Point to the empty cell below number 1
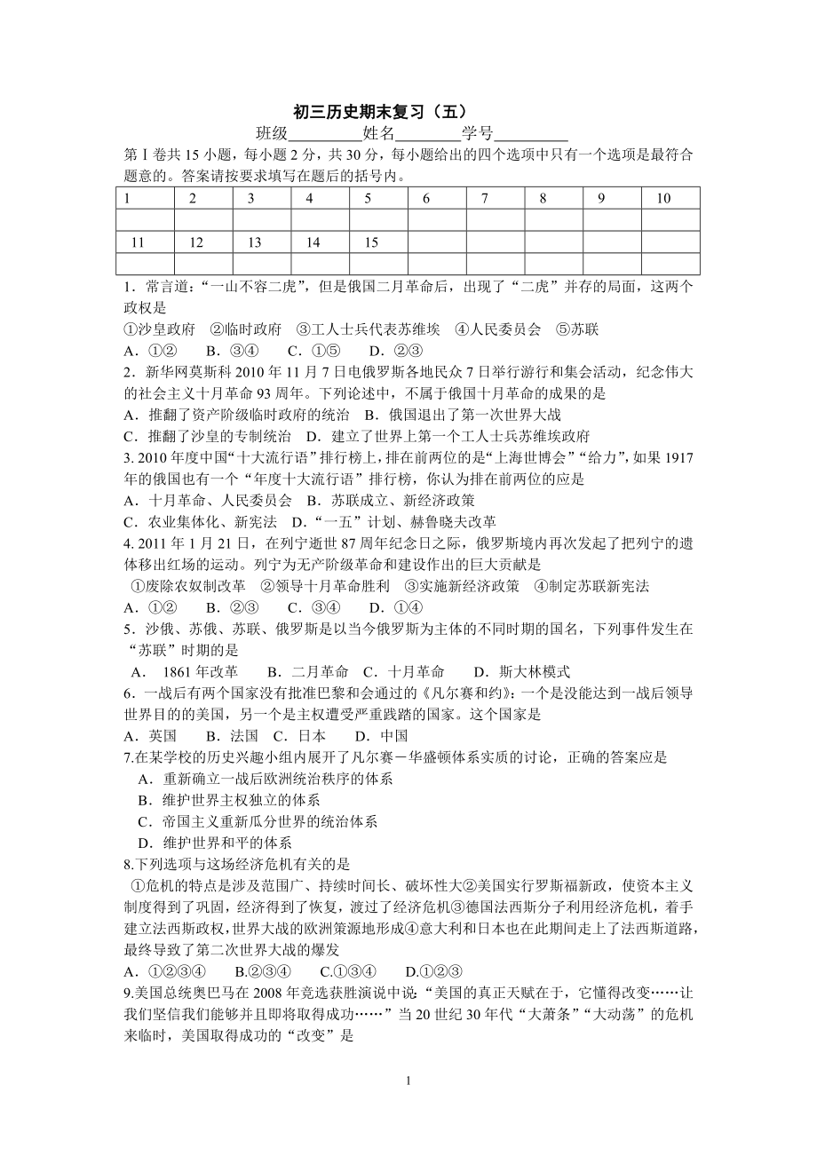coord(146,220)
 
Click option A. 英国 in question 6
coord(151,735)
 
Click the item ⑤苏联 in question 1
coord(577,329)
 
